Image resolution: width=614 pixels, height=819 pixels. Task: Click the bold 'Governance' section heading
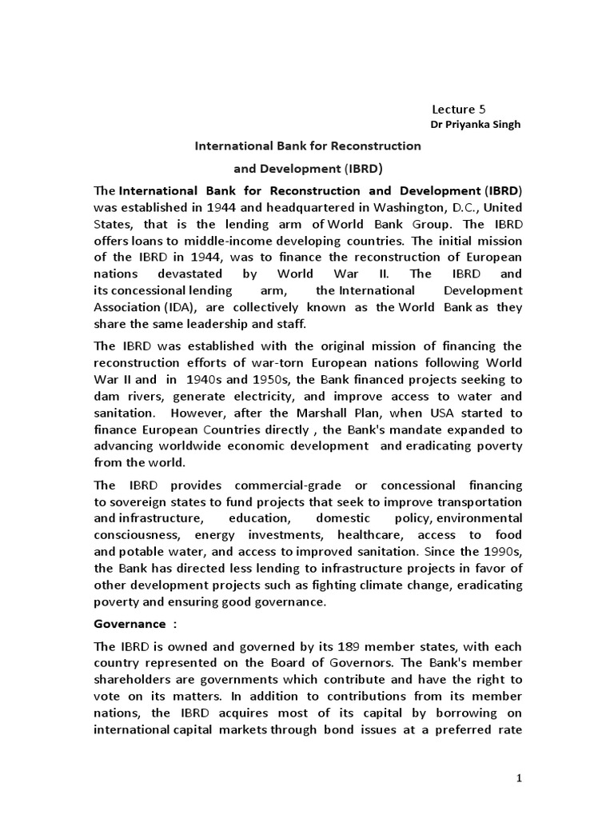(131, 623)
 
